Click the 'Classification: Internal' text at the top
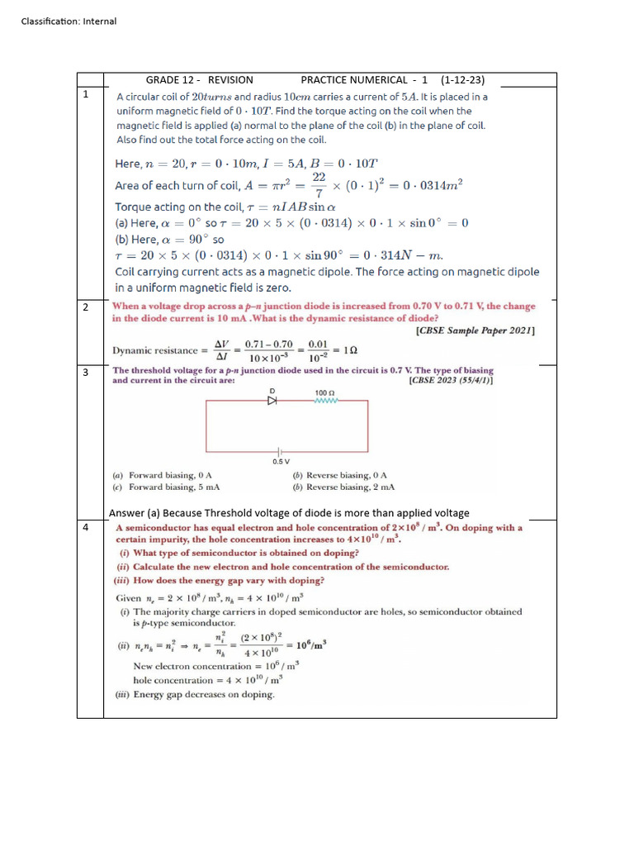coord(69,21)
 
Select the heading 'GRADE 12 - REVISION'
coord(199,80)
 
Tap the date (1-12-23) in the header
coord(462,80)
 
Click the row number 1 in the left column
coord(86,95)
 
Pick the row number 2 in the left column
coord(86,307)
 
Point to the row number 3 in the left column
coord(86,373)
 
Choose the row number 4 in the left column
coord(86,527)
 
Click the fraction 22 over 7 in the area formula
coord(319,185)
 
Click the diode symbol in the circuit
coord(271,401)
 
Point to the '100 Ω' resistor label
coord(324,392)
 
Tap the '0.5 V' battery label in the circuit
coord(281,461)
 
